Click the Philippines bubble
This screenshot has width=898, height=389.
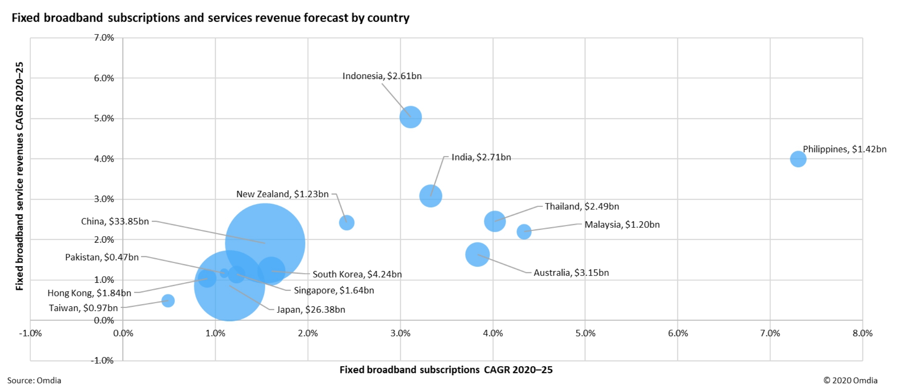click(798, 159)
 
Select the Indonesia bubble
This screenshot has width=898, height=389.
click(410, 117)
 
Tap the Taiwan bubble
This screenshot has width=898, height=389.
click(168, 300)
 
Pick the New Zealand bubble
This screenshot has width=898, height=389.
click(346, 223)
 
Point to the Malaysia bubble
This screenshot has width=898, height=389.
click(524, 231)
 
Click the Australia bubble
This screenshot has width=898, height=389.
click(477, 254)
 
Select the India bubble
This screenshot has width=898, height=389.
click(431, 196)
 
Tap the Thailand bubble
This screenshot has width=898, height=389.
click(494, 221)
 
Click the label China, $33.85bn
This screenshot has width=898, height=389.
click(115, 221)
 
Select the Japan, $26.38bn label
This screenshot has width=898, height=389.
click(311, 310)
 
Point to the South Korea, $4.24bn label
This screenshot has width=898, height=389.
click(357, 274)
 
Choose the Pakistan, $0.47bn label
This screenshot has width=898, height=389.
click(102, 257)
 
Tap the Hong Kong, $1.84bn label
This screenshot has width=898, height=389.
click(89, 293)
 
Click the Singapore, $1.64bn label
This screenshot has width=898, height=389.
click(334, 290)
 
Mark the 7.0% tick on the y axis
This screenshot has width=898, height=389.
click(104, 38)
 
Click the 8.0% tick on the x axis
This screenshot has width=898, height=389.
click(862, 333)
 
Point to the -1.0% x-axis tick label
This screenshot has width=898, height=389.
click(30, 333)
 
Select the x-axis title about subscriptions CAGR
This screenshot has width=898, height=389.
click(446, 370)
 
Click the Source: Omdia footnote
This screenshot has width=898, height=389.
click(34, 380)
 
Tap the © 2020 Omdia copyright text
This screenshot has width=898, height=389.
click(850, 380)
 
